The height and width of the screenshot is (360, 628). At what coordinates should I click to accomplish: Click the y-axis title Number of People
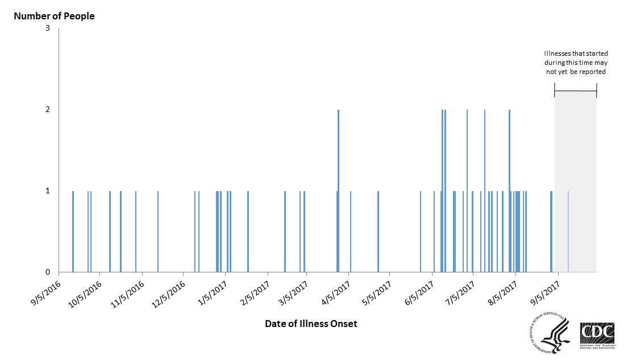pyautogui.click(x=54, y=16)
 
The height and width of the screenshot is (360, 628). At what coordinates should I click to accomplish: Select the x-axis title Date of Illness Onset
pyautogui.click(x=311, y=324)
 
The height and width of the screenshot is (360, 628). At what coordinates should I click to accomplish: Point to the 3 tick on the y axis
pyautogui.click(x=48, y=28)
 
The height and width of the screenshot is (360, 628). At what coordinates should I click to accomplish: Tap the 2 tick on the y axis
pyautogui.click(x=48, y=109)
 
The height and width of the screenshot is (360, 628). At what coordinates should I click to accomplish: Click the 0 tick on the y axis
pyautogui.click(x=48, y=272)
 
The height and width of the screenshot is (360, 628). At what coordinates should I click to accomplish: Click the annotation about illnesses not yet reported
pyautogui.click(x=575, y=63)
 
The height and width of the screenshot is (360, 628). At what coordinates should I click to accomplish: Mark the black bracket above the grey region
pyautogui.click(x=576, y=91)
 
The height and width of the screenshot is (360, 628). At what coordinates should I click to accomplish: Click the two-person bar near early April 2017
pyautogui.click(x=339, y=191)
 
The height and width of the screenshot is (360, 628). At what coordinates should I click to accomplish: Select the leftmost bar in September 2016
pyautogui.click(x=73, y=231)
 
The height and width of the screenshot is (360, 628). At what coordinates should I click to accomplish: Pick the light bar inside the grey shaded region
pyautogui.click(x=568, y=231)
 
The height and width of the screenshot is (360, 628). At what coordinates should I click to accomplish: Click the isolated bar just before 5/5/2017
pyautogui.click(x=378, y=231)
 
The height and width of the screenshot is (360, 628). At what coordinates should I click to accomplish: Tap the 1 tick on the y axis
pyautogui.click(x=48, y=191)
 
